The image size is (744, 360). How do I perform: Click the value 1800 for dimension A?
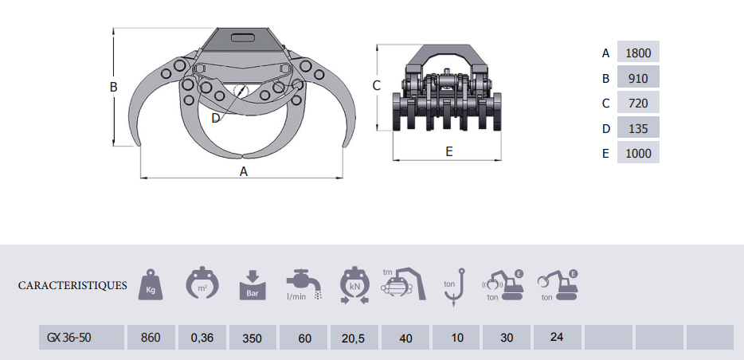(638, 52)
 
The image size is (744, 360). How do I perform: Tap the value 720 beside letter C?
(638, 102)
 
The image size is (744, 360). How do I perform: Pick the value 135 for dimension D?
(638, 127)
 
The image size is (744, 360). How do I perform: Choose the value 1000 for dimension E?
(638, 152)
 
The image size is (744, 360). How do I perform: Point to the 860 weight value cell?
(151, 337)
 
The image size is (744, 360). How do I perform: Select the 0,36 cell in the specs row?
(202, 337)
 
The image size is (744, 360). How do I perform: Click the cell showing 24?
(557, 337)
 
